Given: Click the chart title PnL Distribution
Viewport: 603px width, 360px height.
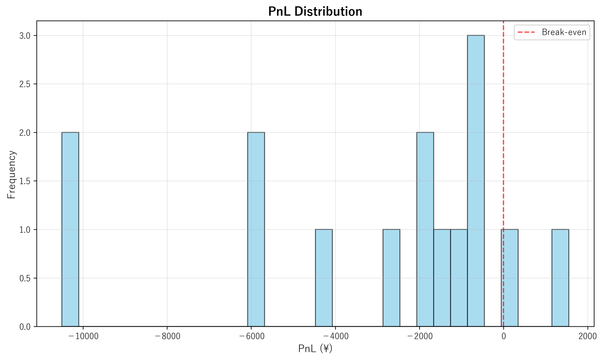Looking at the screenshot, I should (315, 12).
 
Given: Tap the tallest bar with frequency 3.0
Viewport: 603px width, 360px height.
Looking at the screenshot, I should (475, 181).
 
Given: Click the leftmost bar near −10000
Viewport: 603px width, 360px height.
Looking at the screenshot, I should (70, 229).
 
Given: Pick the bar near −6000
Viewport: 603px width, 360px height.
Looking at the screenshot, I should (256, 229).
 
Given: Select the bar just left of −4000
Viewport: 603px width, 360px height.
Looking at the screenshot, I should (324, 278).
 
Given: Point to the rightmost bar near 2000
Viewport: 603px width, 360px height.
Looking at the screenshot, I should (560, 278).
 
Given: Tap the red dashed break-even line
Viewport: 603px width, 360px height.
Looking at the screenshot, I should (503, 126).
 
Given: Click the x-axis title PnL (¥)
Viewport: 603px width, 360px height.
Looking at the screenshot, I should (315, 348).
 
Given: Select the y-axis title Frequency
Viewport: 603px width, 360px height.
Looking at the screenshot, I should (11, 175).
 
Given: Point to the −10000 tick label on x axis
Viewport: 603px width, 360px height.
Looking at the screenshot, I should (83, 336).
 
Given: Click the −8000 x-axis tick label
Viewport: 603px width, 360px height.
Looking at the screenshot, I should (167, 336).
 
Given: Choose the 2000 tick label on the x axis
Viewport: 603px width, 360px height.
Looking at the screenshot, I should (587, 336).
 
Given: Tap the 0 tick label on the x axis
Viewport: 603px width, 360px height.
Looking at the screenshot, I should (503, 336).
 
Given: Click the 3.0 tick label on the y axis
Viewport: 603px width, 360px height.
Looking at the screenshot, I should (25, 36).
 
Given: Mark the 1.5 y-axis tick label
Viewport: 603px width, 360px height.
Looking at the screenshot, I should (25, 181).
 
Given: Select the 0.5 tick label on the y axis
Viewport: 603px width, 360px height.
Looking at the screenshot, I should (25, 278).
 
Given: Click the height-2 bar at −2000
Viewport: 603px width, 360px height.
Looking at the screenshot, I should (425, 229).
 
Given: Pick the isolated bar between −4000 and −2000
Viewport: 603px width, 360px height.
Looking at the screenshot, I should (391, 278).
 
